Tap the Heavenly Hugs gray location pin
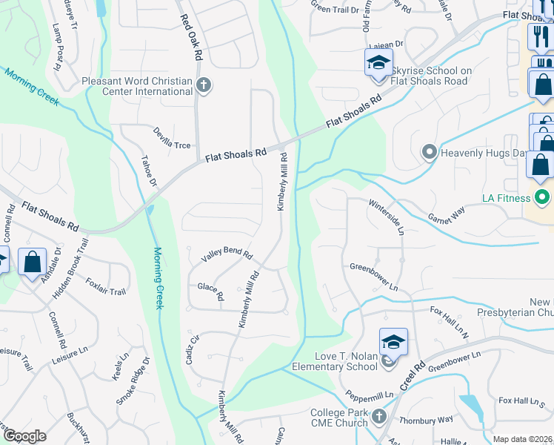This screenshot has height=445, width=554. click(429, 154)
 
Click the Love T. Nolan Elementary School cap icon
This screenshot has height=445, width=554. click(393, 342)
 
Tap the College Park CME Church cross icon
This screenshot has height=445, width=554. click(378, 416)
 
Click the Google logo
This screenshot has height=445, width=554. click(25, 436)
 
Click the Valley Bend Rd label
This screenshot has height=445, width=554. click(227, 257)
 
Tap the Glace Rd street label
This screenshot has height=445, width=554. click(211, 291)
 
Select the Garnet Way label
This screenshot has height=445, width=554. click(447, 215)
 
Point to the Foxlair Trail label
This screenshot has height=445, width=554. click(105, 286)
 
